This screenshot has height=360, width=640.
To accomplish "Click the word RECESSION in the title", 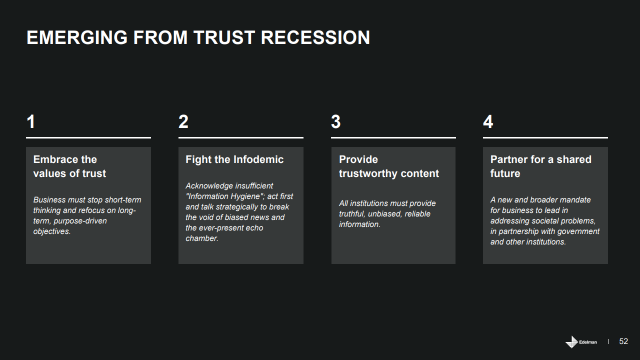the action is coord(315,37).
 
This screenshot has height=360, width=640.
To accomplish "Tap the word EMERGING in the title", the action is coord(77,37).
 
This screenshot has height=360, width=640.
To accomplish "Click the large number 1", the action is coord(31,121).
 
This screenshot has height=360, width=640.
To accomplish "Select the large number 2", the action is coord(183,121).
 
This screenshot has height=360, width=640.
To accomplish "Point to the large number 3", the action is coord(335,121).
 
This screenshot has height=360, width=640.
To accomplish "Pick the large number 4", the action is coord(488,121).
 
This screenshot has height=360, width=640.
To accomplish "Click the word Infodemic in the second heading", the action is coord(258,159).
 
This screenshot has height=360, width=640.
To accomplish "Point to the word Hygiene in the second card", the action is coord(246,196).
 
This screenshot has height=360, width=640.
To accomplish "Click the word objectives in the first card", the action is coord(51,231).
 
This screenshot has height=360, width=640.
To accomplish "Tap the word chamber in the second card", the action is coord(201,238).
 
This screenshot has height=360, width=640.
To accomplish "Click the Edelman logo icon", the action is coord(571,341).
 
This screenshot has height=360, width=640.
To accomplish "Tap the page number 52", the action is coord(623,341).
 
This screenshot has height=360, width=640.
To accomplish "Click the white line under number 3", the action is coord(393,137).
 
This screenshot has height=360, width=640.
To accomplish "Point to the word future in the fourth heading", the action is coord(505,173).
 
